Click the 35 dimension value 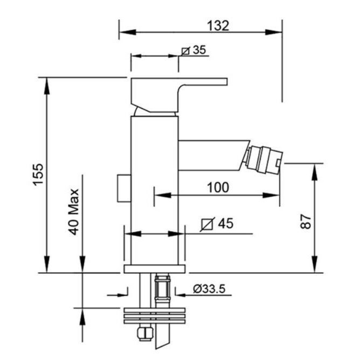[x=199, y=50]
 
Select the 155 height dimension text [x=38, y=174]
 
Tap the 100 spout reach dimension [x=218, y=187]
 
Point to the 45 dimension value [x=225, y=223]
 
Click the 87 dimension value [x=306, y=221]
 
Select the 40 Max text [x=74, y=212]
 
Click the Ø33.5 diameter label [x=209, y=289]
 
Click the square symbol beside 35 [x=185, y=51]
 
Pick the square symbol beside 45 [x=207, y=224]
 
